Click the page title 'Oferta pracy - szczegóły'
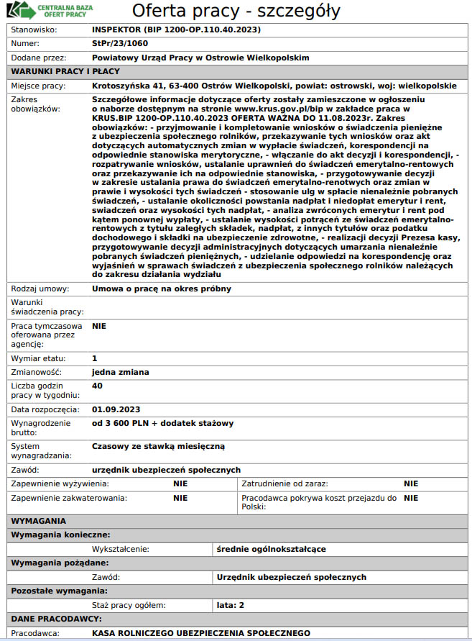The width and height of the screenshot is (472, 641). (x=236, y=12)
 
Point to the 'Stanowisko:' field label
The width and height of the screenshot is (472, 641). (x=34, y=30)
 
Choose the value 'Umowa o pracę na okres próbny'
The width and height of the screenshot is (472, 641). (x=162, y=288)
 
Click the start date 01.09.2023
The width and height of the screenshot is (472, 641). (x=116, y=409)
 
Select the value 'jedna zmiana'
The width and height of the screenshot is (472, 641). (x=121, y=372)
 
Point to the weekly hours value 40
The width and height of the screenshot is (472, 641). (x=98, y=386)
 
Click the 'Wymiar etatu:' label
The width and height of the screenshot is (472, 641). (x=39, y=358)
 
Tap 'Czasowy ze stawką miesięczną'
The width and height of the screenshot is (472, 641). (x=158, y=446)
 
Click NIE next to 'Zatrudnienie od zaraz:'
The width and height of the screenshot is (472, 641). (x=411, y=483)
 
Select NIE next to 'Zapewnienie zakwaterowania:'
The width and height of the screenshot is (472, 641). (x=180, y=497)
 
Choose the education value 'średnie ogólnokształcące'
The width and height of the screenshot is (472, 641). (x=271, y=549)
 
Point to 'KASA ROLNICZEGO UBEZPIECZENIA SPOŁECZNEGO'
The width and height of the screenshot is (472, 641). (x=201, y=633)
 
